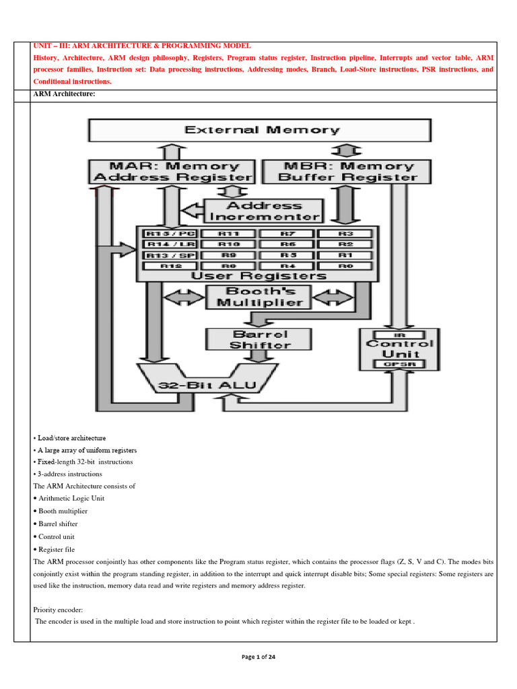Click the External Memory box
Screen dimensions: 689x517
(260, 130)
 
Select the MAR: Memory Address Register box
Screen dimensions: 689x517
(172, 172)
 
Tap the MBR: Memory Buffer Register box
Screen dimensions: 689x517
(347, 172)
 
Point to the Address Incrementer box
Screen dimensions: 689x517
(264, 211)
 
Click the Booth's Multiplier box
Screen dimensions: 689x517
(259, 297)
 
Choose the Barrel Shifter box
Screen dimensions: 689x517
(259, 339)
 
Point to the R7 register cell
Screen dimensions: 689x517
(288, 233)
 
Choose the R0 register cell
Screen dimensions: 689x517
(346, 266)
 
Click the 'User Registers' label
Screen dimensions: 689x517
(259, 276)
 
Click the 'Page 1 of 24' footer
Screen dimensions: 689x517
(258, 657)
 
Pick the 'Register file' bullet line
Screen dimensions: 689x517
(57, 550)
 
